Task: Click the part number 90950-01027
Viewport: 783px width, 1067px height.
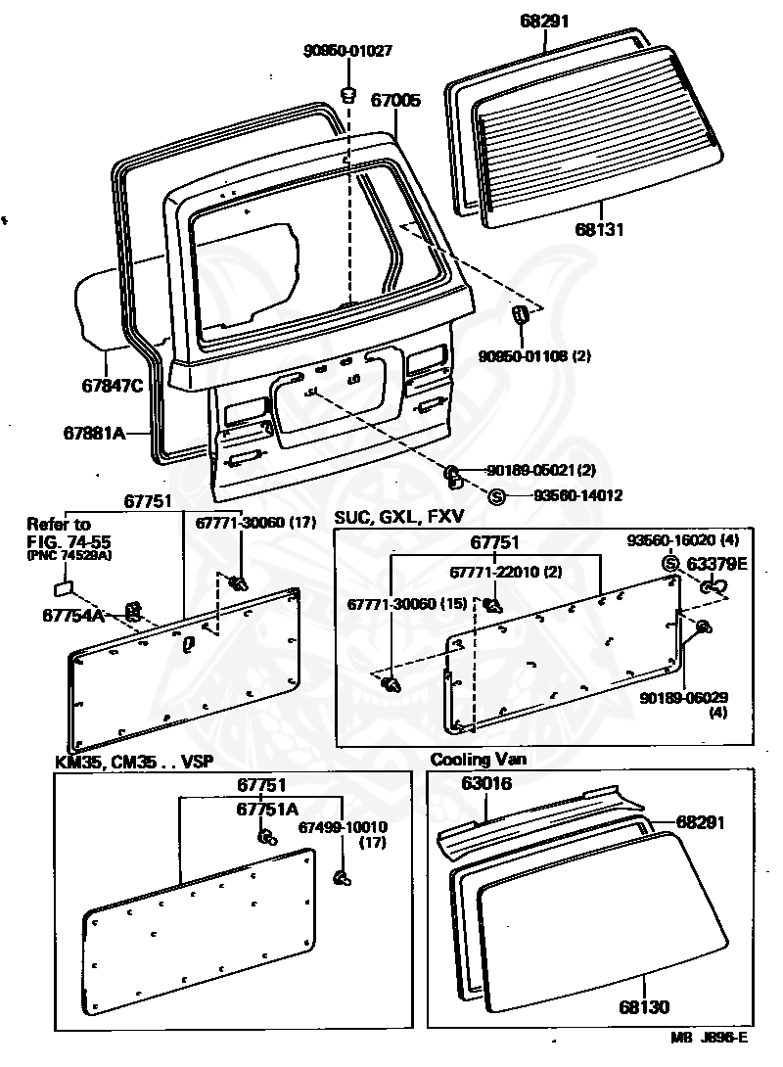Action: point(347,51)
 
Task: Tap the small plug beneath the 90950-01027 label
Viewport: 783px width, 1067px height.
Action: point(347,93)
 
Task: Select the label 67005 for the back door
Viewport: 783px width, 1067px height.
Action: point(395,100)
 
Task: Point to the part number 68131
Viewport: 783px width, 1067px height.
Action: point(599,229)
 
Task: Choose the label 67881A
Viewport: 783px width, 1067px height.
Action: point(95,432)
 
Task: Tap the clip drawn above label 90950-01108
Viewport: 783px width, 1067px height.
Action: point(520,315)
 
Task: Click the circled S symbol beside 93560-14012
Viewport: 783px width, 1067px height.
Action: point(496,496)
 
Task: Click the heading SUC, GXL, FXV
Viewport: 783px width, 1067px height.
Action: point(398,517)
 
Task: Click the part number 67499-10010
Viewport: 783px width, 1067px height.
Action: point(343,827)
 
